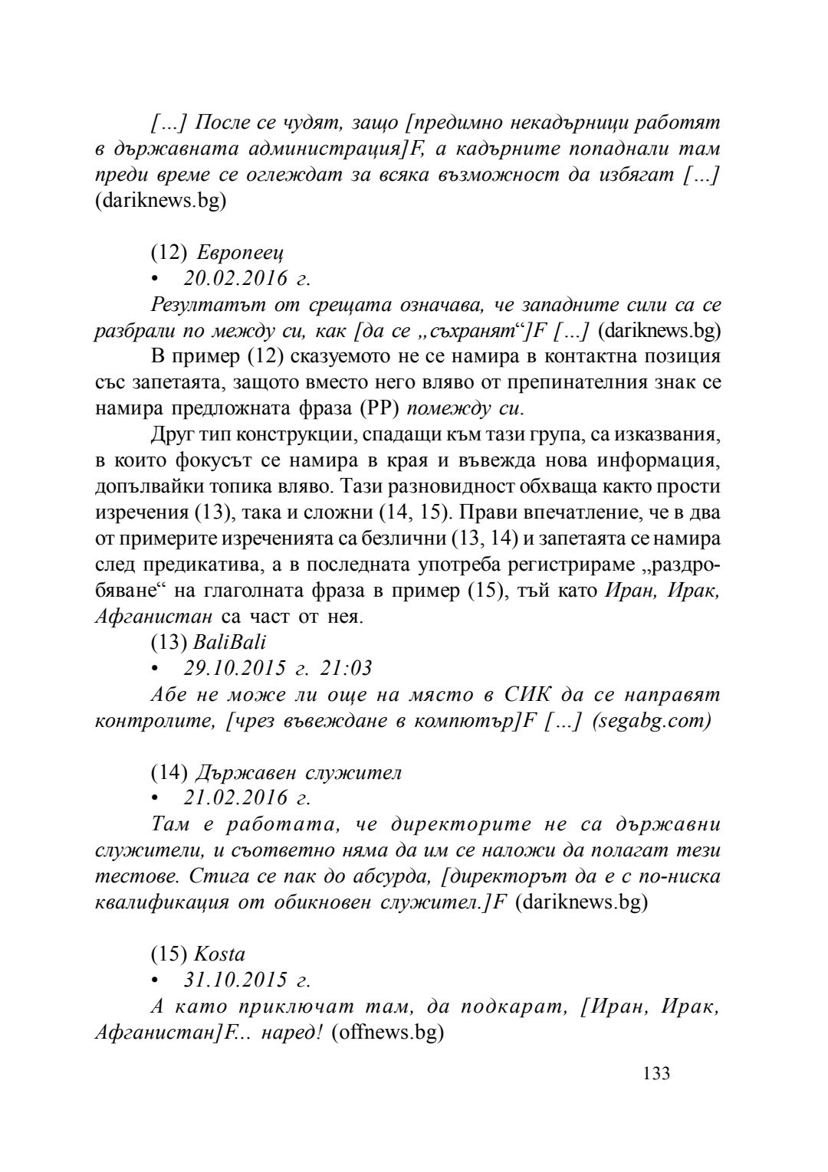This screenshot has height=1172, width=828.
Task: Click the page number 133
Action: click(x=656, y=1073)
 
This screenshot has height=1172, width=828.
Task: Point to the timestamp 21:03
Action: click(x=347, y=668)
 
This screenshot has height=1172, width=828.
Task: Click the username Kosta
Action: click(x=219, y=954)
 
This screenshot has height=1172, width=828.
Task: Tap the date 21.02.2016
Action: click(x=235, y=797)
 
